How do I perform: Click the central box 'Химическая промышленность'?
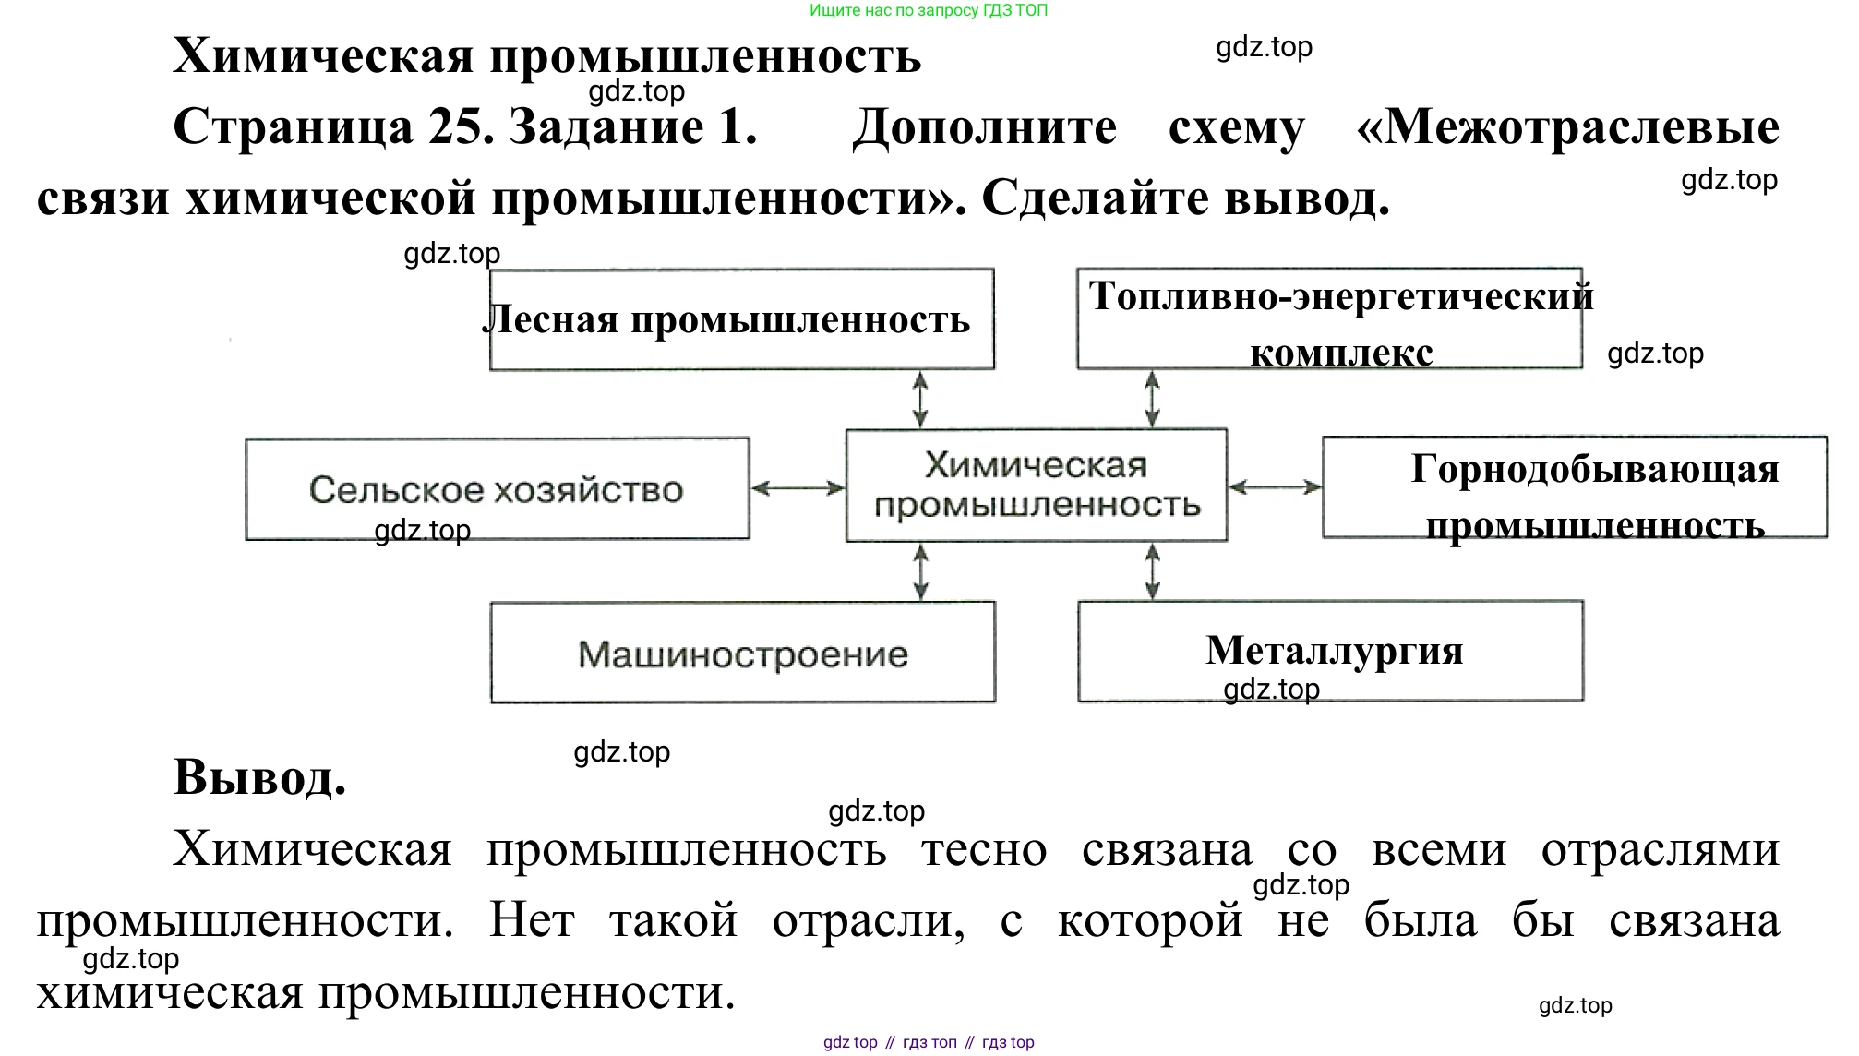pos(1036,485)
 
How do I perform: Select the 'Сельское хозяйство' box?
pos(497,488)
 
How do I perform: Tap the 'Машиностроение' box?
pos(742,653)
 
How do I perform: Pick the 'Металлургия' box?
pos(1330,651)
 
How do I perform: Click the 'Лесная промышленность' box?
pos(741,319)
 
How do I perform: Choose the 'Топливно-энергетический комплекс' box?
pos(1329,319)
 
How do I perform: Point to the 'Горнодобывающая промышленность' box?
pos(1574,487)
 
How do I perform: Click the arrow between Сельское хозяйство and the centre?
pos(798,488)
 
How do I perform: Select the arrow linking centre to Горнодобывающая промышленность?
pos(1275,486)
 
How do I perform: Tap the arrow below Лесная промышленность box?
pos(920,399)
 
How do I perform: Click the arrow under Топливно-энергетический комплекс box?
pos(1152,399)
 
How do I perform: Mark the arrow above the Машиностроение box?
pos(920,571)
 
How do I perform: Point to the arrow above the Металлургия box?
pos(1152,571)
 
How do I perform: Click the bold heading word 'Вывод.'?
pos(259,776)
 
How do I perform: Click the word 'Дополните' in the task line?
pos(984,126)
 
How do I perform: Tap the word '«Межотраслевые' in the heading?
pos(1567,126)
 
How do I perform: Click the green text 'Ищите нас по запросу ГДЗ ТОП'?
pos(929,11)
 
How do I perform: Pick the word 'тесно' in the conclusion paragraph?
pos(984,849)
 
